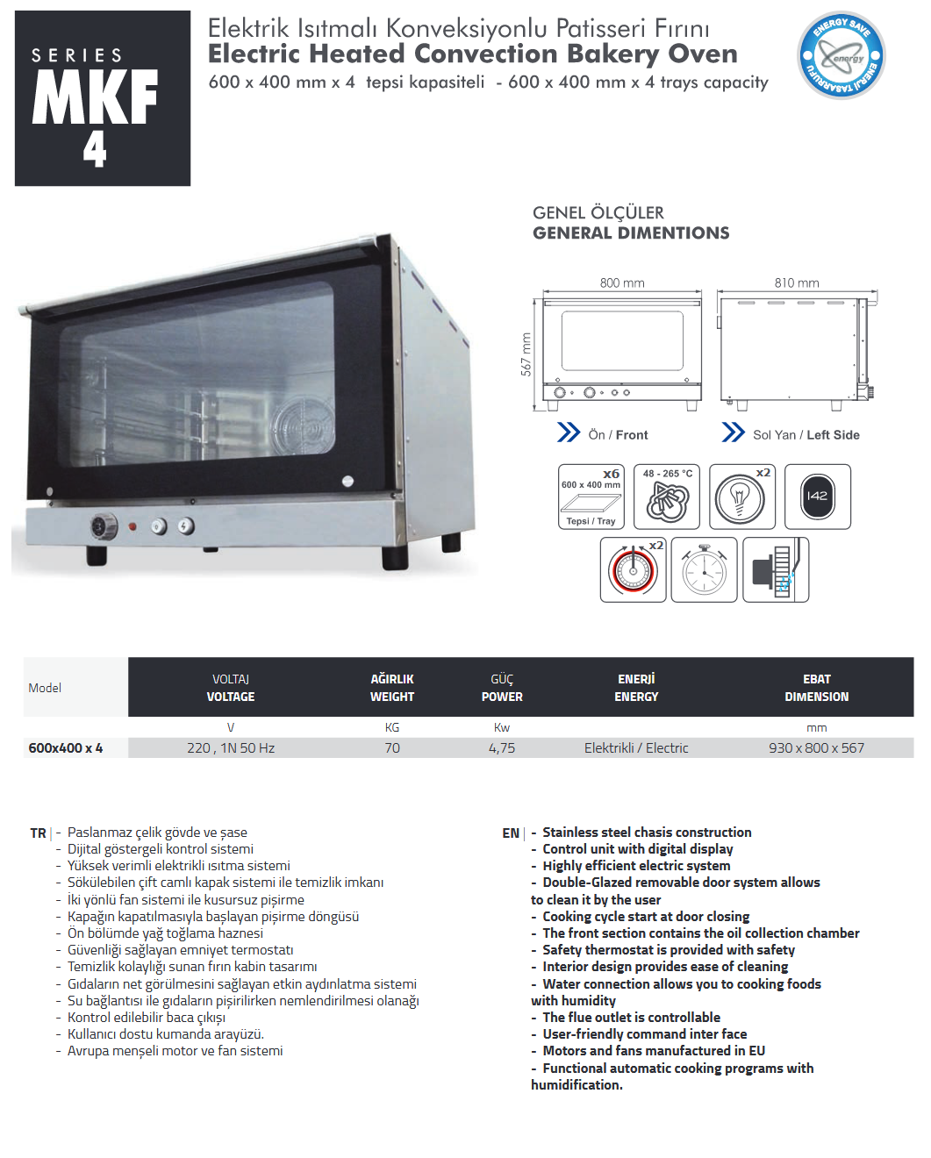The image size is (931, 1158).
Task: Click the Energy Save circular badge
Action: (x=841, y=55)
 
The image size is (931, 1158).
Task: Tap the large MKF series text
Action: (x=95, y=97)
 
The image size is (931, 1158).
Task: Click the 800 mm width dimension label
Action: (x=622, y=282)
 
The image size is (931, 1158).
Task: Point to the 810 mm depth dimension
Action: (x=797, y=282)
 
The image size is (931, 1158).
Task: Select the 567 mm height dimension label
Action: (x=526, y=354)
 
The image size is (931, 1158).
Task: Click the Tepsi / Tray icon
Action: (x=591, y=497)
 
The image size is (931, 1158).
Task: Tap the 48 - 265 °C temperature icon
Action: (x=667, y=497)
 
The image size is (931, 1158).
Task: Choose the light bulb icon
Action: (x=742, y=497)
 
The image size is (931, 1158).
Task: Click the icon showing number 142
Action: (x=818, y=497)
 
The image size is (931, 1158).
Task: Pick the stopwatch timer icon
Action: (x=704, y=569)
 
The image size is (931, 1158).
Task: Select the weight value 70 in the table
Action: (x=391, y=748)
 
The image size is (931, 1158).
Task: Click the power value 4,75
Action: (x=502, y=748)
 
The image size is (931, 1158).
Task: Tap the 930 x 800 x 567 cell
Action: (x=816, y=748)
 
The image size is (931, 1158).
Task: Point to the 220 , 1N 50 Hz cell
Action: (x=231, y=748)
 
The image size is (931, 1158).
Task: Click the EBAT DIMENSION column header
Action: (x=816, y=688)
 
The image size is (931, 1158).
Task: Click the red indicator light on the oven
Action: (x=132, y=527)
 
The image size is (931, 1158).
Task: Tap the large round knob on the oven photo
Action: (x=104, y=525)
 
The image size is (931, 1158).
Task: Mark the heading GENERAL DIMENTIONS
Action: (x=631, y=233)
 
